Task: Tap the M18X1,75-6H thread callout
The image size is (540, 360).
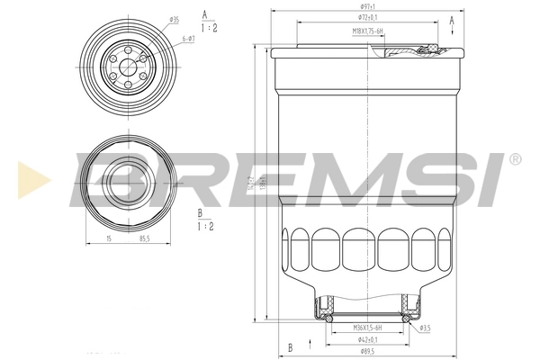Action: (x=368, y=31)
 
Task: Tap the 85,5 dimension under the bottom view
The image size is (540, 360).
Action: (x=143, y=239)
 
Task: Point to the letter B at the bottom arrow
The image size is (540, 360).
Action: (x=290, y=346)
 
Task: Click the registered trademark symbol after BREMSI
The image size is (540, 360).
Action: (x=514, y=158)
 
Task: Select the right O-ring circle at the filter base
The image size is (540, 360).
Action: (x=406, y=318)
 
